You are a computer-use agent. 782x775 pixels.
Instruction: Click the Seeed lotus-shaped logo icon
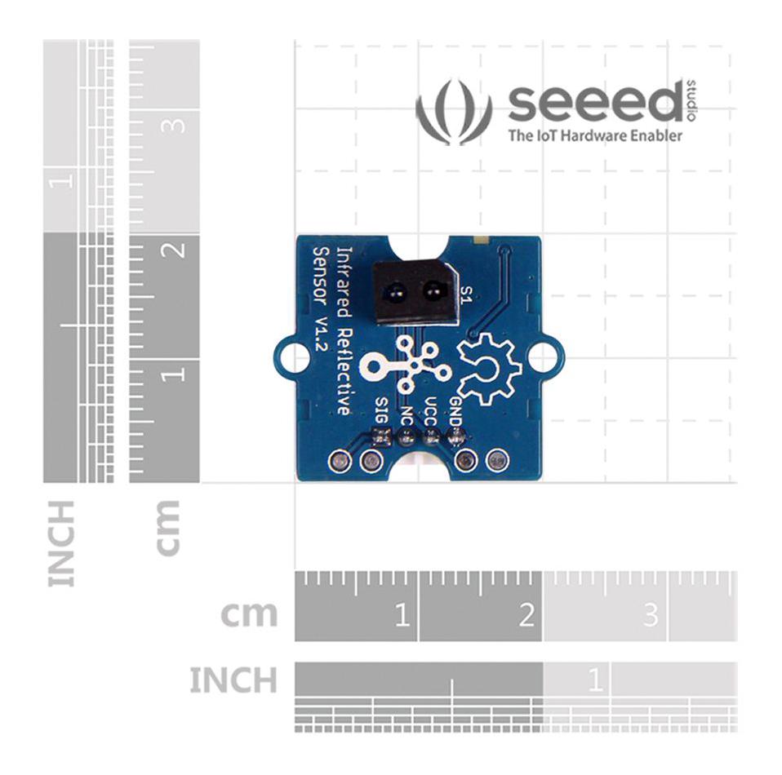(454, 113)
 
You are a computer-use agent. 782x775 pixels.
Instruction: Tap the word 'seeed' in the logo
(594, 104)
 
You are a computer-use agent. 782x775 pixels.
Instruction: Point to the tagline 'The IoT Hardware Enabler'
(594, 135)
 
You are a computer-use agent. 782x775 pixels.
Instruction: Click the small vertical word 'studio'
(692, 100)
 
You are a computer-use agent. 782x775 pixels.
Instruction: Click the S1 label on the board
(466, 294)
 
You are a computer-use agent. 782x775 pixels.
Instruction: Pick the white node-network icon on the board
(406, 367)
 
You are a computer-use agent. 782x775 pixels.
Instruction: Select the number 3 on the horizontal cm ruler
(650, 614)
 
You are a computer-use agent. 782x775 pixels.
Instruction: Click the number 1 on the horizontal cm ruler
(401, 614)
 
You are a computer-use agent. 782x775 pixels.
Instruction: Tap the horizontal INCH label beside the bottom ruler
(233, 680)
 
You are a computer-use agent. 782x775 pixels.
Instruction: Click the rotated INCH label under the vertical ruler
(62, 542)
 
